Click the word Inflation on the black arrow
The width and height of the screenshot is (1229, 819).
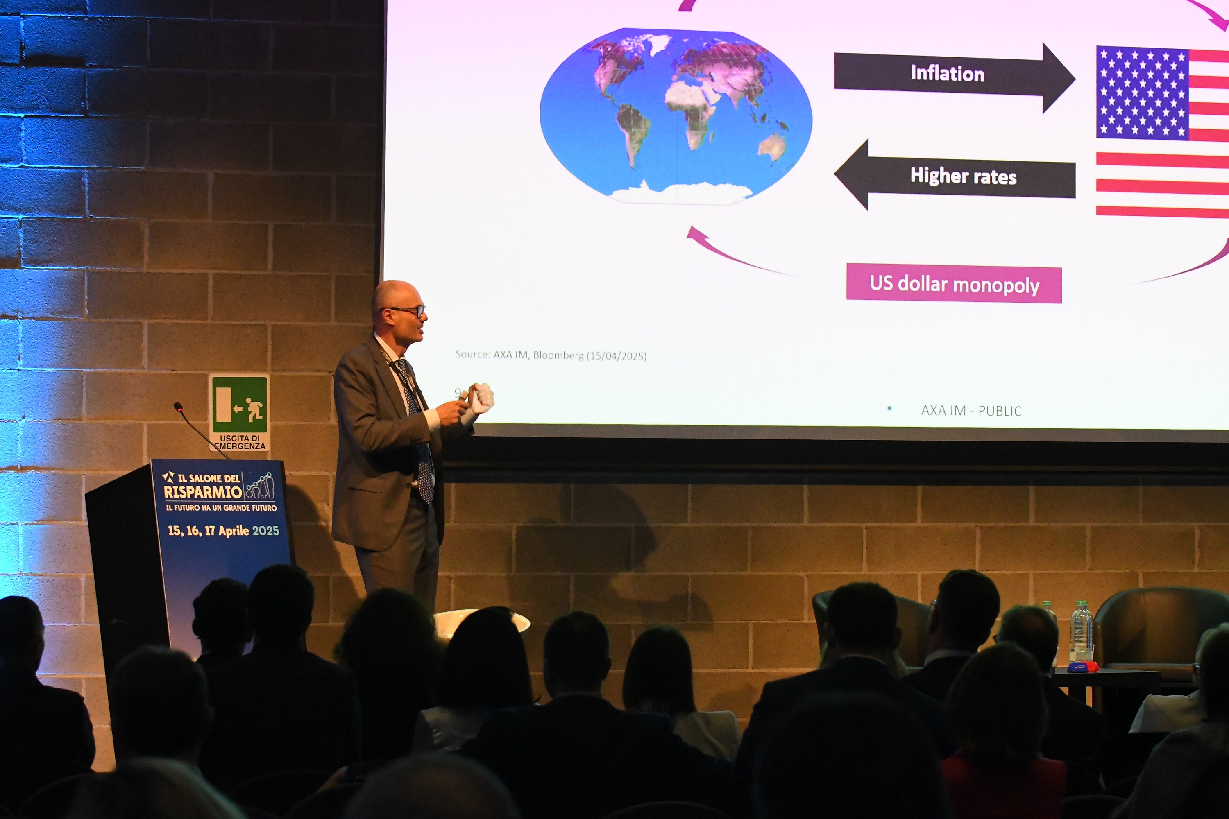pyautogui.click(x=947, y=73)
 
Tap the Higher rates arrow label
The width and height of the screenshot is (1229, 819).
pyautogui.click(x=963, y=176)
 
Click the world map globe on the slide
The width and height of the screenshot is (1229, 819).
pyautogui.click(x=676, y=115)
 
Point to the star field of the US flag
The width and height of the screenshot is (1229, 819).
pyautogui.click(x=1142, y=93)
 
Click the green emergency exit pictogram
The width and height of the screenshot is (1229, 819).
pyautogui.click(x=240, y=405)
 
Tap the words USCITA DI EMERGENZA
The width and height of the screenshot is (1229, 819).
pyautogui.click(x=240, y=442)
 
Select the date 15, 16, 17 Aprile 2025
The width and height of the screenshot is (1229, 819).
pyautogui.click(x=223, y=531)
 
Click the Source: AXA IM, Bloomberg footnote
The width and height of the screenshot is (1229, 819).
pyautogui.click(x=551, y=355)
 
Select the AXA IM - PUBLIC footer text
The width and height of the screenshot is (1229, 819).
pyautogui.click(x=971, y=411)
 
